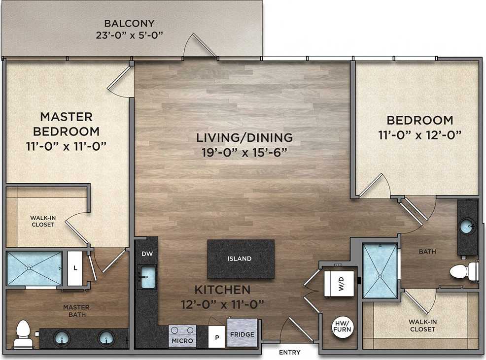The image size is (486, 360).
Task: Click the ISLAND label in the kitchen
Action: [240, 259]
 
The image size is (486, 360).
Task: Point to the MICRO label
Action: [182, 340]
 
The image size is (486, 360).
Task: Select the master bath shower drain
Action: [29, 268]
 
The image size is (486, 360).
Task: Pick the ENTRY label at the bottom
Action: [289, 353]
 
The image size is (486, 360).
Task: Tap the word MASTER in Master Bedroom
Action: [66, 117]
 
